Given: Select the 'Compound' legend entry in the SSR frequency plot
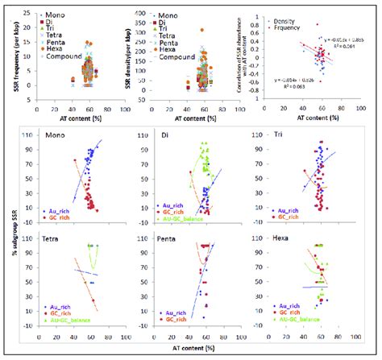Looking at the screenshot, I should [x=67, y=57].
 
